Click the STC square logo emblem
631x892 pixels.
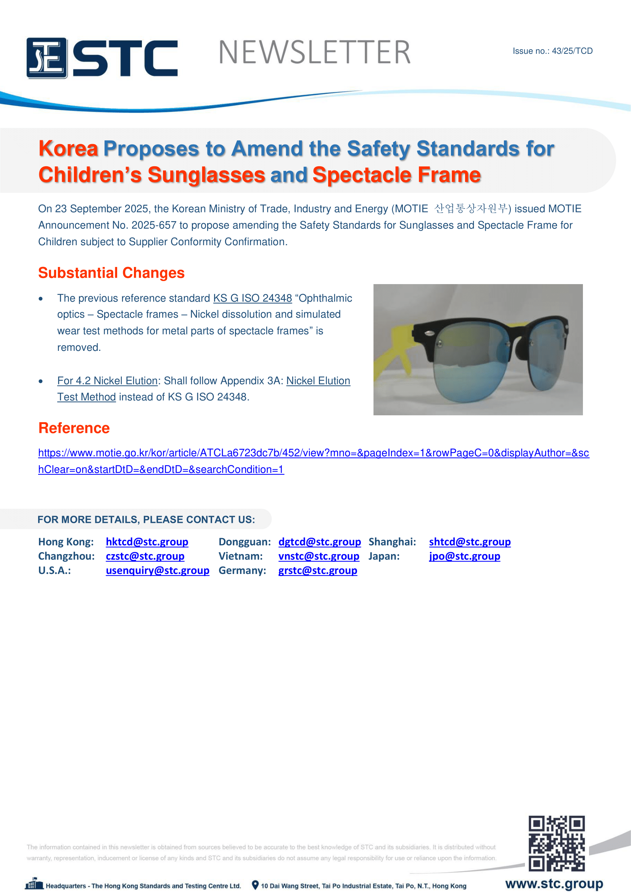47,58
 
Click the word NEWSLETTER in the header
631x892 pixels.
314,53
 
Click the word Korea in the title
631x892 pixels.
68,149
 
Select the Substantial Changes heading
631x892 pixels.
111,273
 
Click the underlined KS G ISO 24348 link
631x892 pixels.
253,298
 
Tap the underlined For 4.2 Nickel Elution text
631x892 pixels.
107,381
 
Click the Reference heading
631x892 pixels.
74,428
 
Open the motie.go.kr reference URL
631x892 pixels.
313,453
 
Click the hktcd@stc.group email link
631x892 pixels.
147,542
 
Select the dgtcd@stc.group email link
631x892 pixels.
319,542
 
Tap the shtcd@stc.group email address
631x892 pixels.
470,542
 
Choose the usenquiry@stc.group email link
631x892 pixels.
157,571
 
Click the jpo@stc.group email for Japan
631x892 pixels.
464,556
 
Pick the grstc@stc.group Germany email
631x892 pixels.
317,571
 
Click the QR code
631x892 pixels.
556,843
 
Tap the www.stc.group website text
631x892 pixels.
554,884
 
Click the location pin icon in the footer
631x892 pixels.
255,885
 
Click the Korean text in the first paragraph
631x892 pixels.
470,209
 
